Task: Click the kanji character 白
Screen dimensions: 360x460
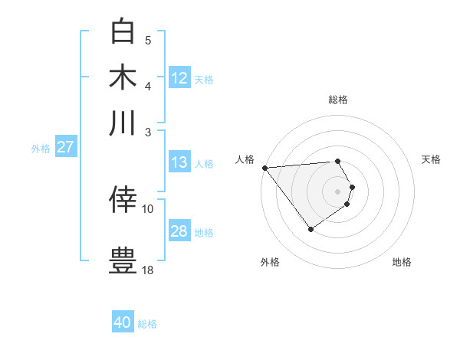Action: tap(123, 32)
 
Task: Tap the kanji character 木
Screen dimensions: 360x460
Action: tap(123, 77)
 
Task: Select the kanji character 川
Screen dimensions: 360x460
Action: tap(123, 123)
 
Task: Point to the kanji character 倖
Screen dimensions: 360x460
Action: tap(123, 199)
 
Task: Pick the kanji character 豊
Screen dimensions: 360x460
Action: tap(123, 259)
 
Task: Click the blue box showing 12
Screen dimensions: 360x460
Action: tap(179, 78)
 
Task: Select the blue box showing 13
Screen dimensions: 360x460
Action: tap(179, 162)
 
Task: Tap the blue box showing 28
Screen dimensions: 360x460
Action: tap(179, 231)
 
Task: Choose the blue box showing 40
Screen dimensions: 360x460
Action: tap(123, 322)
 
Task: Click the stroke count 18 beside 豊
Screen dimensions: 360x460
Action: tap(148, 270)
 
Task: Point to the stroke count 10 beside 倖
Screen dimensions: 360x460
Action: tap(148, 208)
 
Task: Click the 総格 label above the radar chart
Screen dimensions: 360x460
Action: tap(338, 100)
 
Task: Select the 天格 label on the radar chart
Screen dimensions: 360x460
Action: tap(431, 159)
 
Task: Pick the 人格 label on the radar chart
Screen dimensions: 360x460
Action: tap(245, 159)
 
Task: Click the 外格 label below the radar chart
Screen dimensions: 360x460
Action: tap(270, 263)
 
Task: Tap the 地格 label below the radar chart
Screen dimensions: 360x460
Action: tap(402, 263)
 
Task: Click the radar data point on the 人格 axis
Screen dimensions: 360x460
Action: tap(264, 168)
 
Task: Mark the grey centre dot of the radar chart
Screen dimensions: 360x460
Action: tap(338, 191)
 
